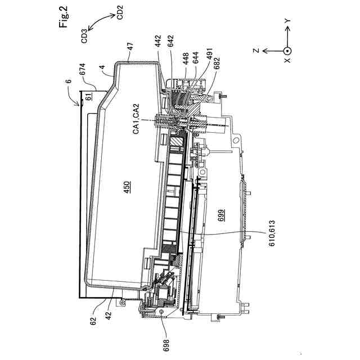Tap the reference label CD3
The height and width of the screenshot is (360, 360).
point(85,35)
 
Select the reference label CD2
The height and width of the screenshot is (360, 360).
point(120,12)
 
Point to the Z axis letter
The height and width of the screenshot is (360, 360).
point(255,51)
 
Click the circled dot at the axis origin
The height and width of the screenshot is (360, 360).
point(287,50)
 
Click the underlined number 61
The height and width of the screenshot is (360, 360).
point(88,97)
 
